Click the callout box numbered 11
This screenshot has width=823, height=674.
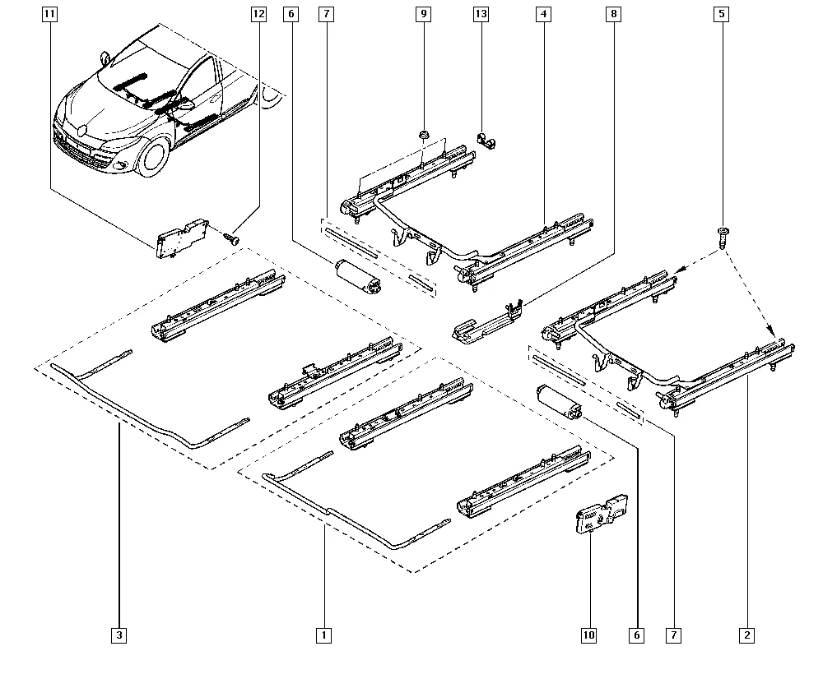coord(49,14)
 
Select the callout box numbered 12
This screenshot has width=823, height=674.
coord(258,14)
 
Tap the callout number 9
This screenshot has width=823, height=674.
coord(424,14)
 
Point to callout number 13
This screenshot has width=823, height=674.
coord(481,14)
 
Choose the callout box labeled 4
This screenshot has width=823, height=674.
coord(544,14)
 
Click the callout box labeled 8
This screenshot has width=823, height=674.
coord(614,14)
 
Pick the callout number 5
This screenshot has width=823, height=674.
coord(722,14)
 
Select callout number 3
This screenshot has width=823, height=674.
coord(119,635)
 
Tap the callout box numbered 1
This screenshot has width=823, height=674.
coord(323,635)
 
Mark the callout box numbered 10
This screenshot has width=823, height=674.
coord(589,635)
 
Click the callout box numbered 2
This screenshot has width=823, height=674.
coord(747,635)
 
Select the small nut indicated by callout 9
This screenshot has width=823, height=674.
coord(424,136)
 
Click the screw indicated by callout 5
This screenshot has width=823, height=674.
coord(723,238)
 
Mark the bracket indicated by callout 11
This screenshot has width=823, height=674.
coord(182,238)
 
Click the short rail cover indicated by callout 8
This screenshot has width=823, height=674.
coord(487,322)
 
